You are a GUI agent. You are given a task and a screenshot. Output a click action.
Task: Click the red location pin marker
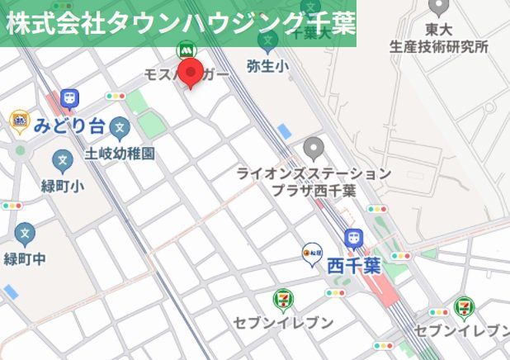click(191, 73)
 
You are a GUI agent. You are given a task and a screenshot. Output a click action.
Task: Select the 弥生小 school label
click(267, 65)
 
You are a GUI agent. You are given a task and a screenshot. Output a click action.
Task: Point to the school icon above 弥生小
click(267, 41)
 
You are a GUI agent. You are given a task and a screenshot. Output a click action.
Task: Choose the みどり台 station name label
click(70, 126)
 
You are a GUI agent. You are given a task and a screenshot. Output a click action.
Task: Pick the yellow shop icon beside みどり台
click(19, 123)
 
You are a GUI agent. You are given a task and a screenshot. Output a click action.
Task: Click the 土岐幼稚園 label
click(120, 153)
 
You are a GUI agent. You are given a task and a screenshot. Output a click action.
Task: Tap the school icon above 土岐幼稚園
click(120, 128)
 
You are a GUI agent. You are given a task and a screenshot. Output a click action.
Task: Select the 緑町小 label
click(62, 186)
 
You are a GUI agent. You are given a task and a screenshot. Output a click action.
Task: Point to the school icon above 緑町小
click(62, 161)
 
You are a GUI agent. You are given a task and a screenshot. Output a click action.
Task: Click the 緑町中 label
click(26, 258)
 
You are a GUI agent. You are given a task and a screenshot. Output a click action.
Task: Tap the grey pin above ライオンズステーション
click(312, 149)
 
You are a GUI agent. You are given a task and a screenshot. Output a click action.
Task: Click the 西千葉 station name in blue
click(353, 266)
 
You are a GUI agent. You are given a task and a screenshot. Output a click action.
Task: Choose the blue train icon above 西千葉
click(354, 238)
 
